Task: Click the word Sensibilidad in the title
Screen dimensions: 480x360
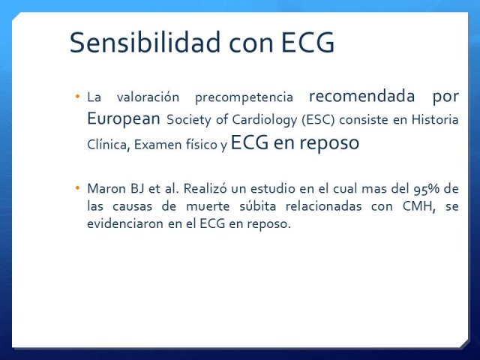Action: click(145, 42)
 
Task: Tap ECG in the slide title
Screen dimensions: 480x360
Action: click(307, 42)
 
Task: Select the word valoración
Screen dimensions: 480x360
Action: click(148, 97)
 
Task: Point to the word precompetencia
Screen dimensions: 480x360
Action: click(244, 98)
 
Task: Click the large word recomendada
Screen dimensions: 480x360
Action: click(361, 96)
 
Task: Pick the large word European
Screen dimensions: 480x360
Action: click(123, 118)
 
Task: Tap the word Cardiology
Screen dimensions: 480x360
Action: click(265, 120)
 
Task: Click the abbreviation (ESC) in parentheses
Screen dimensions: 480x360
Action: click(318, 120)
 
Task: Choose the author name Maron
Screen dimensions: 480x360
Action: click(106, 188)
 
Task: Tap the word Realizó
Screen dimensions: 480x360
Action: click(205, 188)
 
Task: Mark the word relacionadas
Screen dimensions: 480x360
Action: click(323, 206)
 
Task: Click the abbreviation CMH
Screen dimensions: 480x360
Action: click(418, 206)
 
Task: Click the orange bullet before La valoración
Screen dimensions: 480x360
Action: click(77, 97)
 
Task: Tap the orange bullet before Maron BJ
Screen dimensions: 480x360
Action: click(77, 187)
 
